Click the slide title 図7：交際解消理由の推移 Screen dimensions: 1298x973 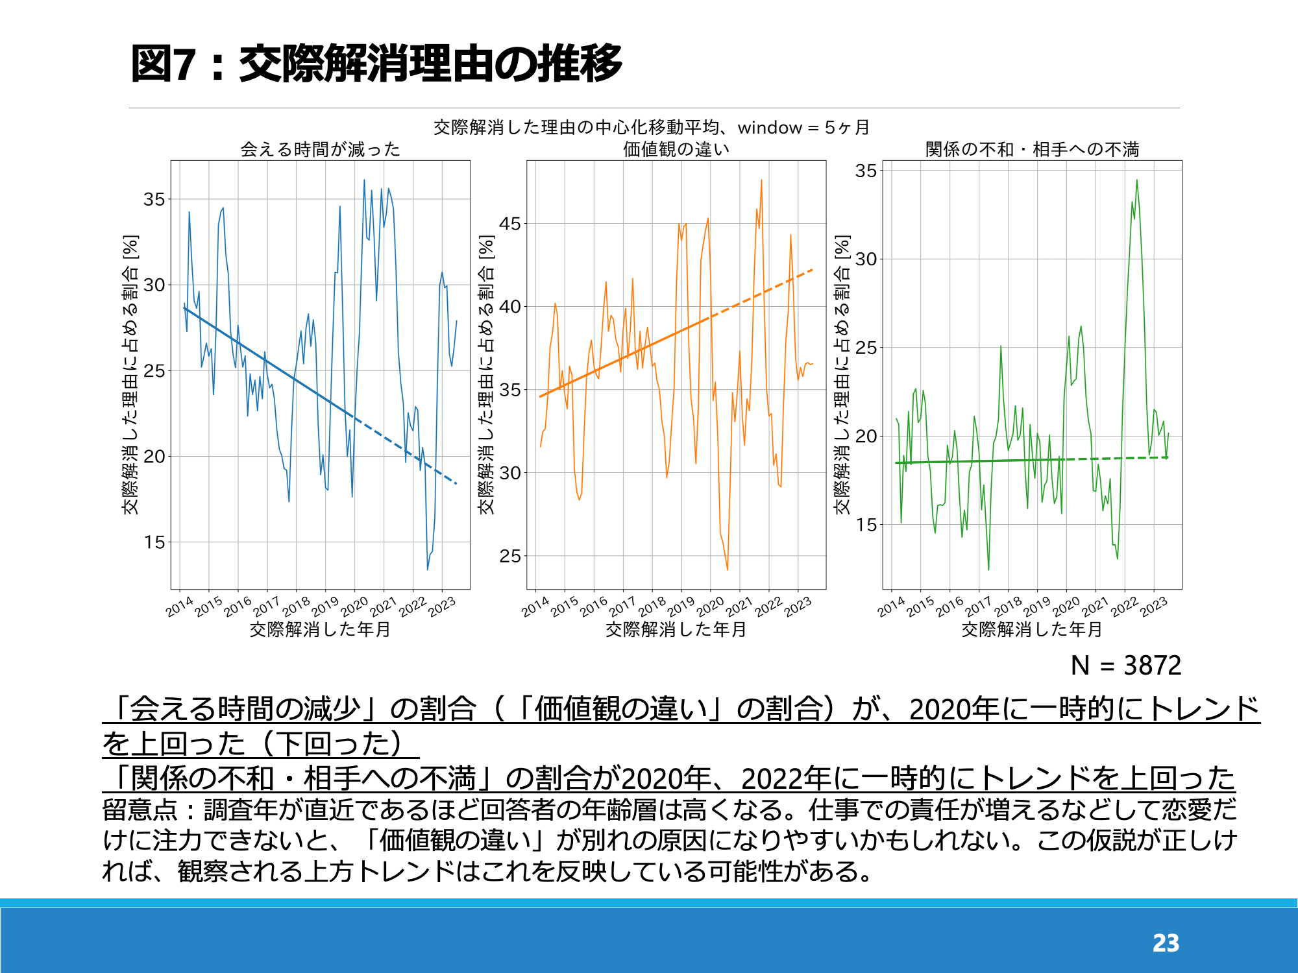click(376, 64)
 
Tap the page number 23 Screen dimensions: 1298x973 click(1166, 943)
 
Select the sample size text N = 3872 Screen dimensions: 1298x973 click(1126, 666)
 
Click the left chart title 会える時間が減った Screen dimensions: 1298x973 click(321, 149)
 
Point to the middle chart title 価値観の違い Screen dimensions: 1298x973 click(676, 149)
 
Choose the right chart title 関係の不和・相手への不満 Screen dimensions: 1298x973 click(1032, 149)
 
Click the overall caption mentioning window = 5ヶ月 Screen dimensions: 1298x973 click(652, 127)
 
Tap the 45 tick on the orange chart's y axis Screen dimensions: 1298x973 click(510, 224)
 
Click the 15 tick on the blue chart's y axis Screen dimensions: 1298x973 click(154, 542)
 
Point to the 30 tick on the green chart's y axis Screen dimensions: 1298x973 click(866, 259)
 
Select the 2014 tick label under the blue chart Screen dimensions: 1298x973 click(179, 607)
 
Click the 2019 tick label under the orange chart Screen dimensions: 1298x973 click(681, 607)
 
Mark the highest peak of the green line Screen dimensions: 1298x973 click(1137, 180)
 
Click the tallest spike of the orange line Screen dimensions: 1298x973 click(761, 180)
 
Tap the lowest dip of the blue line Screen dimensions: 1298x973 click(427, 570)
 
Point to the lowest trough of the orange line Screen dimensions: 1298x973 click(727, 570)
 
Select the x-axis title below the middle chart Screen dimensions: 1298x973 click(676, 629)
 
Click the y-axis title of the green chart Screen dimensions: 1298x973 click(842, 375)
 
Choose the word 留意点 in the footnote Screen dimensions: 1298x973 click(140, 810)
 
